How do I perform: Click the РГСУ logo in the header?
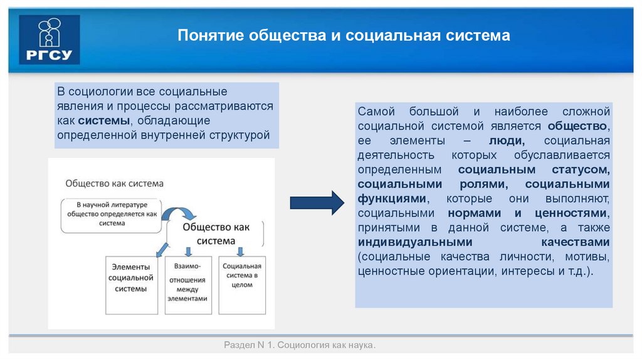[x=50, y=40]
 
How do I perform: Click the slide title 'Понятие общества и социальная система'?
[x=344, y=35]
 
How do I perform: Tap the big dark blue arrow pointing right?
[x=317, y=203]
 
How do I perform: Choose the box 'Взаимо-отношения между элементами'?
[x=186, y=282]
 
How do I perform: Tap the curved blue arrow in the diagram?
[x=182, y=211]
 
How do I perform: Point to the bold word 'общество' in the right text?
[x=582, y=126]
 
